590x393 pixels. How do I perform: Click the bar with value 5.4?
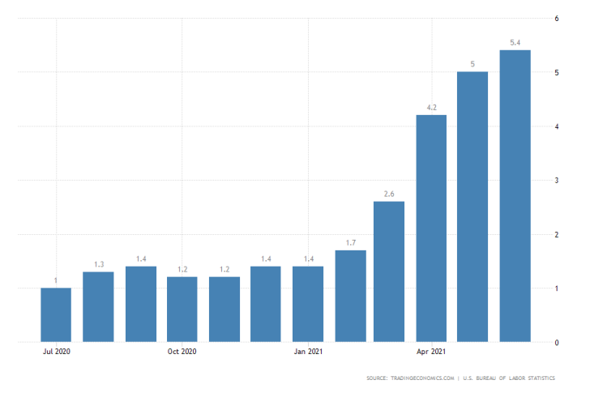click(x=515, y=196)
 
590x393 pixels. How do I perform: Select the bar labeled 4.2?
click(x=431, y=229)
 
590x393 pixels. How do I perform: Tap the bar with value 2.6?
click(x=389, y=271)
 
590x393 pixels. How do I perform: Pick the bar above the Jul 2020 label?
click(x=56, y=314)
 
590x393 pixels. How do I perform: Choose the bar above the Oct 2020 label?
click(x=182, y=309)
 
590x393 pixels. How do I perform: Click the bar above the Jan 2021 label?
click(x=308, y=304)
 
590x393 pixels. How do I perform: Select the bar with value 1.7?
click(x=350, y=296)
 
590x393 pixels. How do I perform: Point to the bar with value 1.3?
click(x=98, y=306)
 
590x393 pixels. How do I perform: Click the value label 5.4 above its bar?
click(x=515, y=42)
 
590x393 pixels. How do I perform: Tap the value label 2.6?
click(x=389, y=194)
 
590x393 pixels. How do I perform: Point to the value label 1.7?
click(x=350, y=242)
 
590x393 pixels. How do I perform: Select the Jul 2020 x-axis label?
click(x=56, y=352)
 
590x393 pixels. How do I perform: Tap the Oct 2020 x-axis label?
click(x=182, y=352)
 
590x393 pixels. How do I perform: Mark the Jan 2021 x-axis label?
click(x=308, y=352)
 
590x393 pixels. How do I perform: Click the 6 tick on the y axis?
click(x=556, y=19)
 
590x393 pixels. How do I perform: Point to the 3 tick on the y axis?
click(x=556, y=181)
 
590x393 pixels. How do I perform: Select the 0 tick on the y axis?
click(x=556, y=343)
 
